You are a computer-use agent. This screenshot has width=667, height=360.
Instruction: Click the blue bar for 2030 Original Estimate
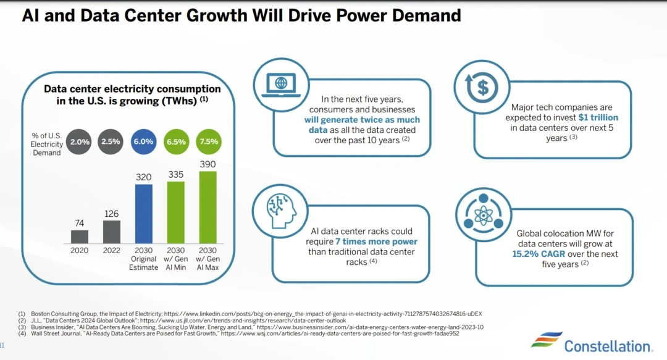(144, 214)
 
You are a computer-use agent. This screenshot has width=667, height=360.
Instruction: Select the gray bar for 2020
(80, 237)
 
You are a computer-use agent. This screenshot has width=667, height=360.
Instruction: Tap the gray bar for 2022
(112, 232)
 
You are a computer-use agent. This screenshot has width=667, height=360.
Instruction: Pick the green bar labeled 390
(208, 207)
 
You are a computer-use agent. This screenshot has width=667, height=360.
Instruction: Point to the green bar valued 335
(176, 212)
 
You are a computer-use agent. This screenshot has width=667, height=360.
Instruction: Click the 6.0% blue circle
(143, 141)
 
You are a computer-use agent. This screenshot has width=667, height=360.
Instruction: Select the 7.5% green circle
(208, 141)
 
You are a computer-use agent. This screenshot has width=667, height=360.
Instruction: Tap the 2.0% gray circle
(80, 141)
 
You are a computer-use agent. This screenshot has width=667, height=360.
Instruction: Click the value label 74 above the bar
(80, 222)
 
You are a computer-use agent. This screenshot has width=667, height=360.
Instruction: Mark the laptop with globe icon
(281, 84)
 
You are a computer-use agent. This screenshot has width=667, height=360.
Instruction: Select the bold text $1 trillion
(598, 117)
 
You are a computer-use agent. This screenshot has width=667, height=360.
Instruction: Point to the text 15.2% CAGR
(539, 254)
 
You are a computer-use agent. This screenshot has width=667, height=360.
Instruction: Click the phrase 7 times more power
(376, 241)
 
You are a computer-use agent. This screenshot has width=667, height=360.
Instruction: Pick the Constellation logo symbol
(547, 342)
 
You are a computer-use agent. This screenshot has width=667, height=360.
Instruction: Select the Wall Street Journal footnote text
(244, 333)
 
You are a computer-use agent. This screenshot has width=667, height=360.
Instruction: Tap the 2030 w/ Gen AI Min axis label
(176, 259)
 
